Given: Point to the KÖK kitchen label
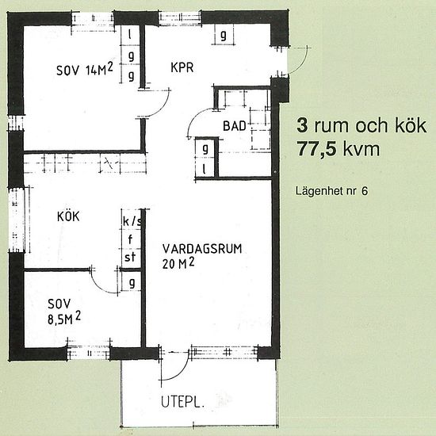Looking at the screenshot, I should (x=68, y=216).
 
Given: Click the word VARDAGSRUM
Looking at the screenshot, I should (x=197, y=248).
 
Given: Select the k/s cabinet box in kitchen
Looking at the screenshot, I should (x=131, y=221).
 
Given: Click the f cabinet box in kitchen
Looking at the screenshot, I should (x=128, y=239).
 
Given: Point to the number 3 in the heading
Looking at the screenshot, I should (x=301, y=125).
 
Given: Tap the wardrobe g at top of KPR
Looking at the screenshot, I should (x=224, y=36).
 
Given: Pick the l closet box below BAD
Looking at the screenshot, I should (x=205, y=168).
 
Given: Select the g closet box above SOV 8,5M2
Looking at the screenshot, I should (x=130, y=283).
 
